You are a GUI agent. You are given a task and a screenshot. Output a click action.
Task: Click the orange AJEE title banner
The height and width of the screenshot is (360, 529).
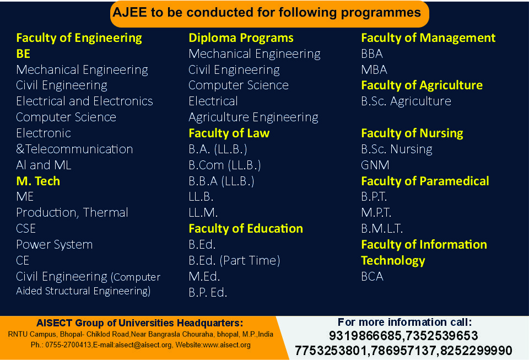pyautogui.click(x=269, y=13)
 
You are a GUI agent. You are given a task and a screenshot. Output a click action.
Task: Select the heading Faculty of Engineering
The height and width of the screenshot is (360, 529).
pyautogui.click(x=79, y=38)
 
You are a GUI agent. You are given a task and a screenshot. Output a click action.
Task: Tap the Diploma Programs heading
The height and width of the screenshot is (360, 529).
pyautogui.click(x=241, y=38)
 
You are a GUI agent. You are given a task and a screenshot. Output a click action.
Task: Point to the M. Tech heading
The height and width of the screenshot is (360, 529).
pyautogui.click(x=38, y=181)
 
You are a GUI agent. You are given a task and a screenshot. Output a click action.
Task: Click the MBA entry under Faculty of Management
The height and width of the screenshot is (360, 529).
pyautogui.click(x=374, y=70)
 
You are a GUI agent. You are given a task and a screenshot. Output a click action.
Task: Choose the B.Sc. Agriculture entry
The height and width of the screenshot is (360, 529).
pyautogui.click(x=406, y=101)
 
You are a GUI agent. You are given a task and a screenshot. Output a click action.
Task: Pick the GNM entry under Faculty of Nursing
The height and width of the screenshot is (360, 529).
pyautogui.click(x=375, y=165)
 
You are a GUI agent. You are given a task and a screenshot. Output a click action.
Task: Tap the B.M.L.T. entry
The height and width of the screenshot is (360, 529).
pyautogui.click(x=382, y=229)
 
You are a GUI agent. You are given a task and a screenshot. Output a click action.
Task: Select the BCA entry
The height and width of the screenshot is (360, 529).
pyautogui.click(x=372, y=277)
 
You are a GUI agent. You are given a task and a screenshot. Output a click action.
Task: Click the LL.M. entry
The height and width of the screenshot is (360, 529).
pyautogui.click(x=203, y=213)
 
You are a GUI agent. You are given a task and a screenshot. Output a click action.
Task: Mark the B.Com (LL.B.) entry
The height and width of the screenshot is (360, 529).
pyautogui.click(x=225, y=165)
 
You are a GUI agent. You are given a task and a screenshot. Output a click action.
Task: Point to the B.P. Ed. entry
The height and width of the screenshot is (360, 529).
pyautogui.click(x=208, y=293)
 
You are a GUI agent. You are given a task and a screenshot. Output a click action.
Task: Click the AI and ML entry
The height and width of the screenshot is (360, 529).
pyautogui.click(x=44, y=165)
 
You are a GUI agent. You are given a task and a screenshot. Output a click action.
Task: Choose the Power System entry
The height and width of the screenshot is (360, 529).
pyautogui.click(x=55, y=245)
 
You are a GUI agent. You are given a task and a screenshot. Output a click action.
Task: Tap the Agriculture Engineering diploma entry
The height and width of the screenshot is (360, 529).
pyautogui.click(x=253, y=117)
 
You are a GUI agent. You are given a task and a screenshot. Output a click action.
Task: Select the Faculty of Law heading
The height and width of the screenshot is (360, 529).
pyautogui.click(x=229, y=133)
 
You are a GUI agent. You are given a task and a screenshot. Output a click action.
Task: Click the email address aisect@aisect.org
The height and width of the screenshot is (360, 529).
pyautogui.click(x=143, y=345)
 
